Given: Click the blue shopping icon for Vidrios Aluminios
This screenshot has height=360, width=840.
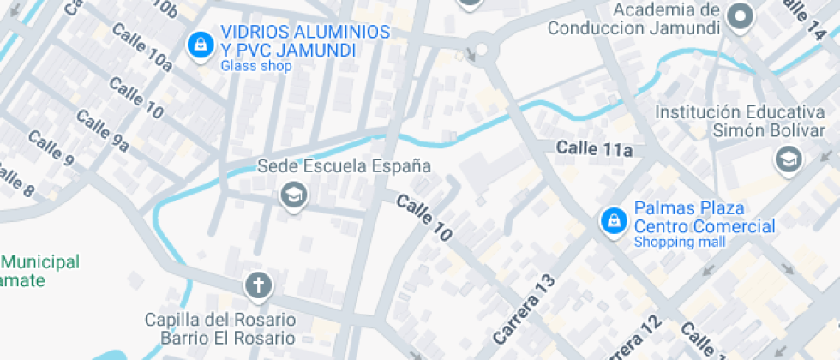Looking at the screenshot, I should point(200,43).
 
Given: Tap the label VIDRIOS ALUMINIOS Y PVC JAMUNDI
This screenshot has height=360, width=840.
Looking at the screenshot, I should point(305,42).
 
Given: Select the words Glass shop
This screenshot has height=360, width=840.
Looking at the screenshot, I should point(255,66).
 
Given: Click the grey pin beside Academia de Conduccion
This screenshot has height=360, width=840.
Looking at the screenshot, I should point(739,16).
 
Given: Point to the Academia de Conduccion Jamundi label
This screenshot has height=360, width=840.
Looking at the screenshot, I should point(633,19).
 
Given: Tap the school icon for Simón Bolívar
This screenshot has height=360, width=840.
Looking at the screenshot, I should point(786,158).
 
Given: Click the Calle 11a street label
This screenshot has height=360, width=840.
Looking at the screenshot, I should point(594,149).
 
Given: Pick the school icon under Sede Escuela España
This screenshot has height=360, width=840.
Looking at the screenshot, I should point(293,195).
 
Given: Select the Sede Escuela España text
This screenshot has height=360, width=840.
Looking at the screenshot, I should point(344,165).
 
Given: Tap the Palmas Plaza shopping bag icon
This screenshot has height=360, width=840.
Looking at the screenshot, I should point(613,221).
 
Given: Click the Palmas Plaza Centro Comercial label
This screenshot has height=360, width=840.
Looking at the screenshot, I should point(704,218).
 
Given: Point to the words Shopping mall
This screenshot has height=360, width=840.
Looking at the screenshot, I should point(679,242).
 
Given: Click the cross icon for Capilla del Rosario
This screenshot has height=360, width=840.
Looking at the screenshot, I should point(256,284).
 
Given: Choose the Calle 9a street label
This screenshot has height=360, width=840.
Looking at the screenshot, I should point(103,132).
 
